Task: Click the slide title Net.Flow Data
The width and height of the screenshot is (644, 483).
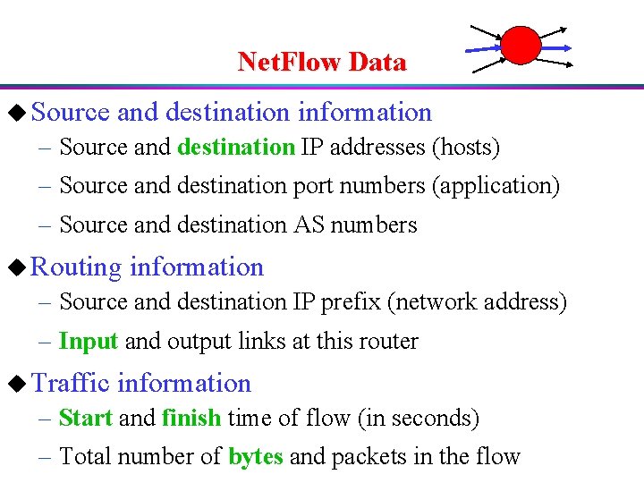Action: [322, 62]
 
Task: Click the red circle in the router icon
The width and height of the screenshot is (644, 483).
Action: [520, 44]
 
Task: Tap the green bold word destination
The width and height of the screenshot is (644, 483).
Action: [236, 147]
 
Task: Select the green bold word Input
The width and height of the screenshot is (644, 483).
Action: [89, 341]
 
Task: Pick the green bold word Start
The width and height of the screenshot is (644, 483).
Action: [85, 418]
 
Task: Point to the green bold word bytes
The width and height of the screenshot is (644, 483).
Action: [256, 456]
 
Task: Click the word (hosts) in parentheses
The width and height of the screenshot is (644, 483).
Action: [466, 147]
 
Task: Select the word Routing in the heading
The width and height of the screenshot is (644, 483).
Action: [76, 267]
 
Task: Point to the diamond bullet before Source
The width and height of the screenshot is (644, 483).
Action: [13, 113]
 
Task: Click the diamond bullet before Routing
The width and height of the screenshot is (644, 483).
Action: [13, 267]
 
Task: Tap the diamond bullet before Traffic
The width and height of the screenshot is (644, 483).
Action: [13, 384]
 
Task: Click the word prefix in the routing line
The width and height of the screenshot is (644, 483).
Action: [353, 302]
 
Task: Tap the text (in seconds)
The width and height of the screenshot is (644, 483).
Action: [428, 418]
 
